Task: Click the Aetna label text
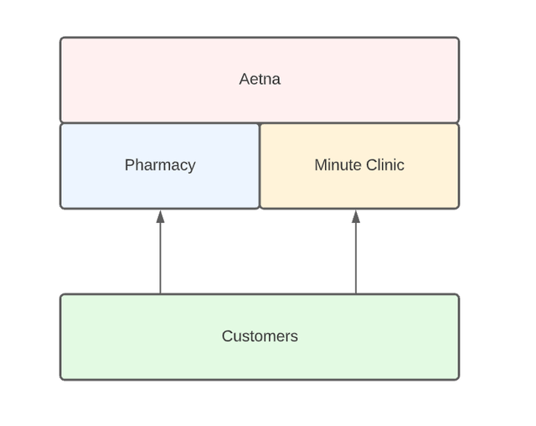click(x=260, y=79)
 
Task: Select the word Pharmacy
click(x=160, y=165)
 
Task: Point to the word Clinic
click(x=384, y=165)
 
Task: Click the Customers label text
click(x=260, y=336)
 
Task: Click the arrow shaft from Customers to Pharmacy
click(x=160, y=260)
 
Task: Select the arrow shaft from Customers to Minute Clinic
click(x=356, y=260)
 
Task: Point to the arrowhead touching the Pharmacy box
click(x=160, y=216)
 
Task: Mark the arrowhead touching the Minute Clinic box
click(x=356, y=216)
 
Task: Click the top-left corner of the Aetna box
click(x=61, y=39)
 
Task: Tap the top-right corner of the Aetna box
click(x=458, y=39)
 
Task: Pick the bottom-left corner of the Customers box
click(x=61, y=378)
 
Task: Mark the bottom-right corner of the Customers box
click(x=458, y=378)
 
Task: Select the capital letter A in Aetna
click(x=245, y=79)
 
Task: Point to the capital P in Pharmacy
click(x=129, y=165)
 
